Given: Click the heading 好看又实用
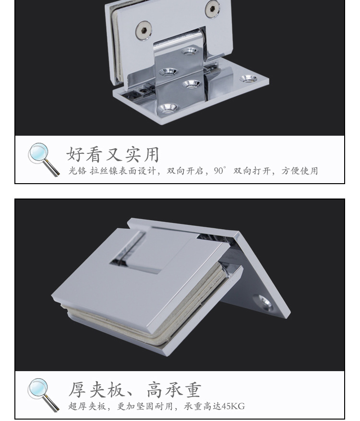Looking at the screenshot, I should point(112,154).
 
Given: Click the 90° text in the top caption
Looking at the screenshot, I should point(219,171).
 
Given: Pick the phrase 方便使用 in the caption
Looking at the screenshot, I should point(300,171).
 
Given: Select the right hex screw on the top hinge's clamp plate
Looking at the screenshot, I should point(212,8).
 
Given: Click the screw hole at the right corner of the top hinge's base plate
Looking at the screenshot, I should point(248,78).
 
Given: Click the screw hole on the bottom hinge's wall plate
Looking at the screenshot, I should point(264,301).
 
